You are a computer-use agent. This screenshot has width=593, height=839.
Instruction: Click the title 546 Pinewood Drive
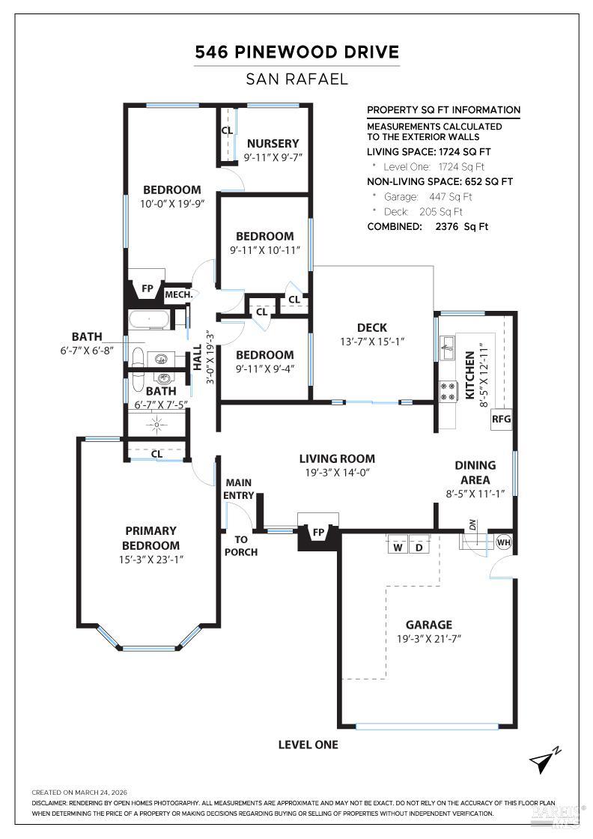(296, 52)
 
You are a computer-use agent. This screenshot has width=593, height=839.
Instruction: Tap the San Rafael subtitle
(296, 79)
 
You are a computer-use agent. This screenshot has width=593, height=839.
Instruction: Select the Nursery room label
(273, 143)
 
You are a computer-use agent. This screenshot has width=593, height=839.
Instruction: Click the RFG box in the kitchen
(501, 419)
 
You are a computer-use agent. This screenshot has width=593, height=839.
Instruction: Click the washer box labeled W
(398, 546)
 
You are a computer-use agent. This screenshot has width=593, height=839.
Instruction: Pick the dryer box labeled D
(419, 546)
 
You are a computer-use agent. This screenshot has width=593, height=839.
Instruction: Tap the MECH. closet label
(179, 295)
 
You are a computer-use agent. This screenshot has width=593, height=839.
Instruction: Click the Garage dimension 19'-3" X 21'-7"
(429, 639)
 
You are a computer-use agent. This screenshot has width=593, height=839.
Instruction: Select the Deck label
(371, 327)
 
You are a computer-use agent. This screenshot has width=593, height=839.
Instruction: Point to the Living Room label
(337, 458)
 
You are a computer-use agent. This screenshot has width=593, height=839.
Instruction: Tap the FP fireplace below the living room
(318, 533)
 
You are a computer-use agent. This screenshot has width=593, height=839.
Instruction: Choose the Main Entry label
(240, 488)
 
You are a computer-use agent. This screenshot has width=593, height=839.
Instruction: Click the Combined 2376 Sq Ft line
(428, 226)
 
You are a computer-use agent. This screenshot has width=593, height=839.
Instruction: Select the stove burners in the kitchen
(448, 390)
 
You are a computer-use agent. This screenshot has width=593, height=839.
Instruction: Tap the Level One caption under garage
(308, 745)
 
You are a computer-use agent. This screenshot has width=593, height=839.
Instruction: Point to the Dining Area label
(475, 473)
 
